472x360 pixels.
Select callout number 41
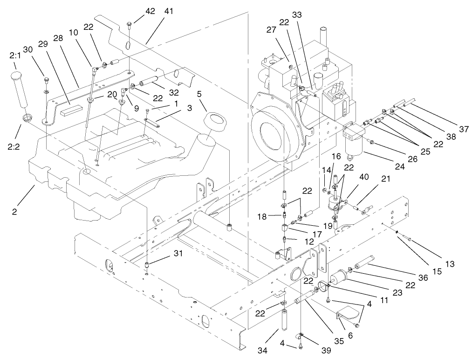168,12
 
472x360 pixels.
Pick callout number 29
43,43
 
